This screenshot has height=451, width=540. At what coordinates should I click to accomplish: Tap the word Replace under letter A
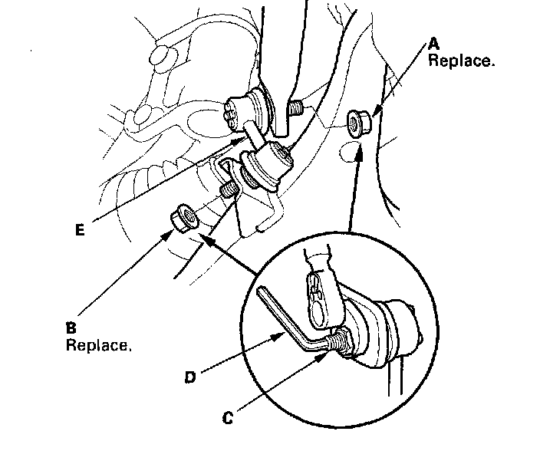[460, 61]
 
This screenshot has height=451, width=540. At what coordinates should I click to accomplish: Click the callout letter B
[71, 327]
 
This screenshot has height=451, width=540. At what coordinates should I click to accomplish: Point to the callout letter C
[229, 420]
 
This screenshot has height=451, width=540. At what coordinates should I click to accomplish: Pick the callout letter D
[189, 377]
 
